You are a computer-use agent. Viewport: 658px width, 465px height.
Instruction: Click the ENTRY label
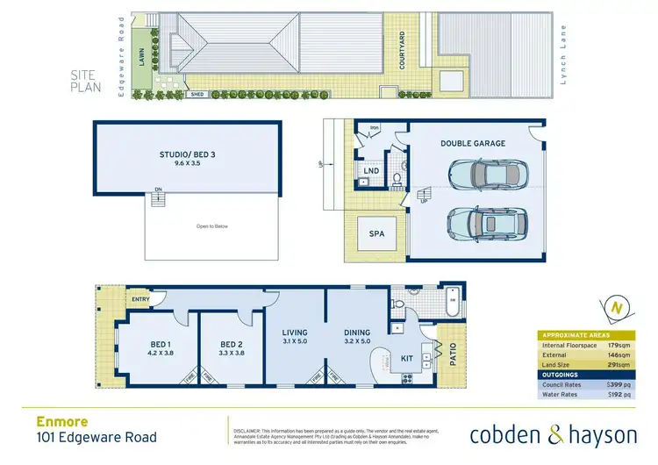(139, 300)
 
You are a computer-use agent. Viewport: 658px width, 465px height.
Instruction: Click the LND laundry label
(371, 170)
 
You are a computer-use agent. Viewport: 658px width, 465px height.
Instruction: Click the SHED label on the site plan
(200, 94)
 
